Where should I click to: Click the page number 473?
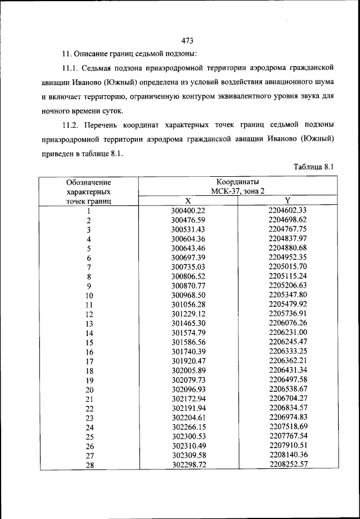pos(188,40)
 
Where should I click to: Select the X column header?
pos(188,201)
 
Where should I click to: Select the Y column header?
pos(287,201)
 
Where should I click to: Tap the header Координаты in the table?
pos(237,182)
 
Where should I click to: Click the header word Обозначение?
pos(88,182)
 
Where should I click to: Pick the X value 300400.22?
pos(188,211)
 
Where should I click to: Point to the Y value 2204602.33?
pos(287,211)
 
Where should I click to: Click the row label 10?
pos(89,296)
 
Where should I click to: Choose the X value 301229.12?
pos(188,314)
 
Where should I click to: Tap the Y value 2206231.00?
pos(287,332)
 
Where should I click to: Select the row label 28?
pos(89,465)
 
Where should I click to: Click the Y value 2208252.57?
pos(287,464)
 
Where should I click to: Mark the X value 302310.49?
pos(188,445)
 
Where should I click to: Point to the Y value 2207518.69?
pos(287,426)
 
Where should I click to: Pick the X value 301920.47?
pos(188,361)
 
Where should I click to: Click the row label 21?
pos(89,399)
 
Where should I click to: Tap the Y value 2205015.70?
pos(287,267)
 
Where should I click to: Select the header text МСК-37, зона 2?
pos(237,191)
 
